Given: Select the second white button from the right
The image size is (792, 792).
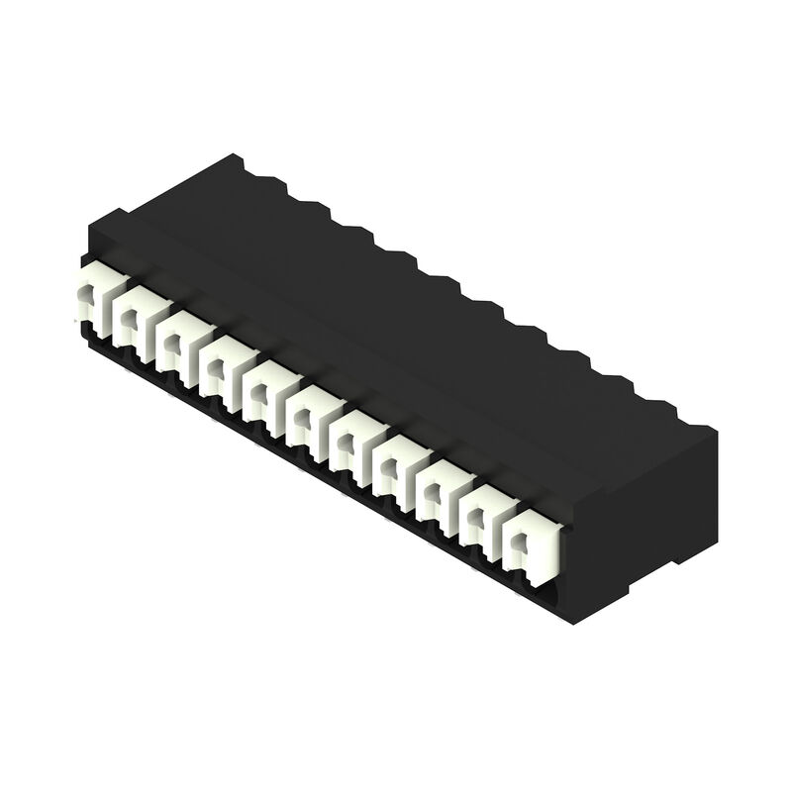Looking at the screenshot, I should (x=485, y=520).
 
